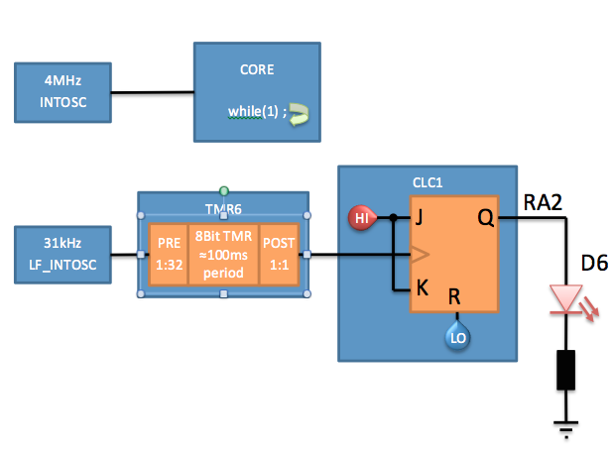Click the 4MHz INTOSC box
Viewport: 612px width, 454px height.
point(62,93)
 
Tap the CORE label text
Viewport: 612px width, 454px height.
point(257,71)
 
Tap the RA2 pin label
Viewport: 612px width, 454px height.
point(543,204)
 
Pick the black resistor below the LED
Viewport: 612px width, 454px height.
point(566,369)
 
